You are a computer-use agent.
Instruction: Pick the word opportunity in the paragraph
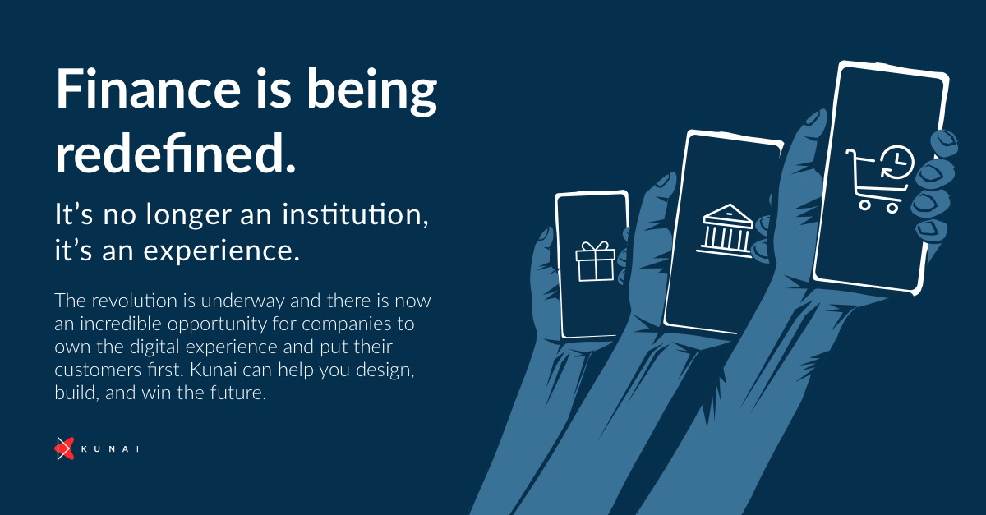(217, 324)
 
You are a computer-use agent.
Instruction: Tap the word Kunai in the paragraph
(214, 370)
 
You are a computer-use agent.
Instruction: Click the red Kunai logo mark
(64, 448)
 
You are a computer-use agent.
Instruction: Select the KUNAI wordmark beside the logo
(110, 449)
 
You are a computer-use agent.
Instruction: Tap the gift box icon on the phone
(595, 261)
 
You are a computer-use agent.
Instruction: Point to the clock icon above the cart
(897, 162)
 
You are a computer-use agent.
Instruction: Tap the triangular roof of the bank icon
(729, 213)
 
